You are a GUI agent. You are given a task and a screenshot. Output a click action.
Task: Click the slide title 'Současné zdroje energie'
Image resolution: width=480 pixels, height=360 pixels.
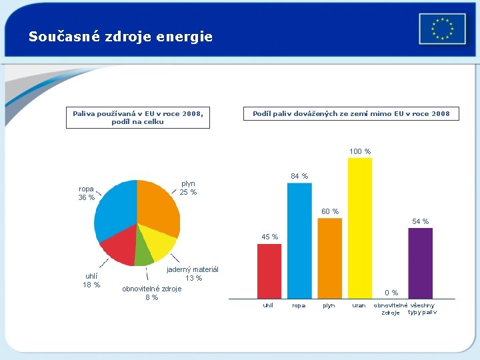tap(121, 37)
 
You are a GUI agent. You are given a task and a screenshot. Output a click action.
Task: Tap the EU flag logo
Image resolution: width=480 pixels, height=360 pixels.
tap(442, 29)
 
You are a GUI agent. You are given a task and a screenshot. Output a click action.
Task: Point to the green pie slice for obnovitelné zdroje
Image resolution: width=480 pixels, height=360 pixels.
tap(144, 253)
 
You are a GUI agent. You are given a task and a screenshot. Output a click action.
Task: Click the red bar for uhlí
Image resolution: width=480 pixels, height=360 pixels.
tap(269, 270)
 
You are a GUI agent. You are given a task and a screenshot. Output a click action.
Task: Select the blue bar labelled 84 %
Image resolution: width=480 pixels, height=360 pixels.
tap(299, 240)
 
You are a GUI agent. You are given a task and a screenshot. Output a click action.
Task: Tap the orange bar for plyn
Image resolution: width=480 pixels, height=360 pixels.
tap(329, 257)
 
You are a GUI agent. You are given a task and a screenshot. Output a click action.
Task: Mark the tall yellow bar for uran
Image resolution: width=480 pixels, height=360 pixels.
tap(360, 227)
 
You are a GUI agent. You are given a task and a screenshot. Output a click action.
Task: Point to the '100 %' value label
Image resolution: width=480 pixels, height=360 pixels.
tap(360, 151)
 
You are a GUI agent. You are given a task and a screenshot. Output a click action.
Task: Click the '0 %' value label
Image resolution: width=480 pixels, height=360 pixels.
tap(391, 293)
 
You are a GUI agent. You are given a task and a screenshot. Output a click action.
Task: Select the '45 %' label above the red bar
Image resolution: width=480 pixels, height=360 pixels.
tap(270, 237)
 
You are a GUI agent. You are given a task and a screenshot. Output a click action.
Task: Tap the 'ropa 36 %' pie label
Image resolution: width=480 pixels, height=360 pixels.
tap(87, 193)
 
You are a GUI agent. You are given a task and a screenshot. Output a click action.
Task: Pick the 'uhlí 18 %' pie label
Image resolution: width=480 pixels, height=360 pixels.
tap(91, 281)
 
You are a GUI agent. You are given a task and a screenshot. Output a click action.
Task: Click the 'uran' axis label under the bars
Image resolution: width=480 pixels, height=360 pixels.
tap(359, 306)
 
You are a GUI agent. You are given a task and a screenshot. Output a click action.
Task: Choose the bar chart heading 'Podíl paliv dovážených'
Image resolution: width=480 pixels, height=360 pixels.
tap(351, 114)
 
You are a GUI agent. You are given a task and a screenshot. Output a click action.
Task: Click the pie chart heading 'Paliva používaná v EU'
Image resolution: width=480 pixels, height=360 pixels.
tap(138, 117)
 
